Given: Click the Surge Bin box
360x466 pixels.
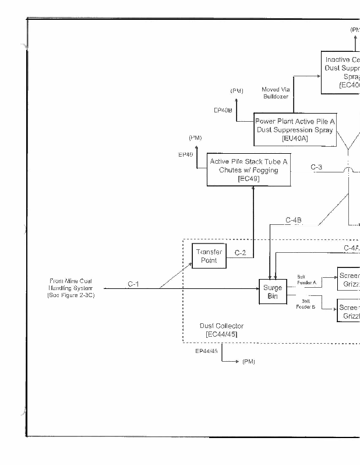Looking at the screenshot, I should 272,292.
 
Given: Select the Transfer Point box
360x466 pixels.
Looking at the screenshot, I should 209,256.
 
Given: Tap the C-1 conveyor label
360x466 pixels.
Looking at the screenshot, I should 133,284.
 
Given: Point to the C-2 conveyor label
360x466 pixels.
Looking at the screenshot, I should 240,253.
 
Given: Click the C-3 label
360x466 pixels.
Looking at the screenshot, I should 316,167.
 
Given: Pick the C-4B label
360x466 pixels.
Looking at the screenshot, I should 294,220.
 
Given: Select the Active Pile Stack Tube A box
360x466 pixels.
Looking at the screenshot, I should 249,170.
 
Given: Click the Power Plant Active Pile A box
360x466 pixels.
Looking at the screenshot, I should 295,129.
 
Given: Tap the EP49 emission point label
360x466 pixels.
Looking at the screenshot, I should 186,155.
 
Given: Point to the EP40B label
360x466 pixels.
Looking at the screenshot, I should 223,110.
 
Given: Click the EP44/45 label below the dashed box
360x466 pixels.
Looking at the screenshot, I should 207,351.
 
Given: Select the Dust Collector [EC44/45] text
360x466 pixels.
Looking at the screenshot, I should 221,330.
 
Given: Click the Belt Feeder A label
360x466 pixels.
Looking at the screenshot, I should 306,280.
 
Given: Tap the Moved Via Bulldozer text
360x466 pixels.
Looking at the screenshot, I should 276,93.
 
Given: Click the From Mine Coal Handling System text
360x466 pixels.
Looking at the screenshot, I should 70,288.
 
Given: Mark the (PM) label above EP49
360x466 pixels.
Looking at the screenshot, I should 195,138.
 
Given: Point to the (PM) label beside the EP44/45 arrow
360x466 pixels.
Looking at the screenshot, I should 249,362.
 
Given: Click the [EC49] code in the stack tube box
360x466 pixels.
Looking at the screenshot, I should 249,179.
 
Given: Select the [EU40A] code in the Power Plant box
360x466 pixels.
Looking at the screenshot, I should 295,139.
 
